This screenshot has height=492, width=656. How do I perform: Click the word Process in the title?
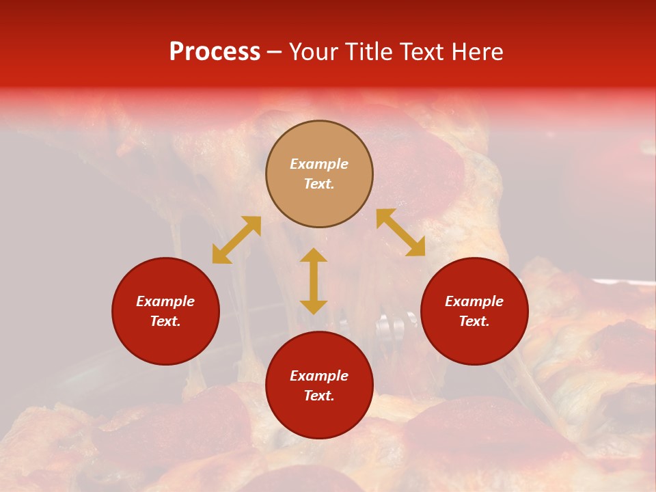point(215,52)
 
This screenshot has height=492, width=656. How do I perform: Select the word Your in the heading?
point(313,52)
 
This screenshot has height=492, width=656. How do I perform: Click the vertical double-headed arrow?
point(314,281)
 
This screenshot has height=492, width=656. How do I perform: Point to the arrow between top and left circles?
point(236,240)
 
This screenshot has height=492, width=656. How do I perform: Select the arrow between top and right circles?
point(400,232)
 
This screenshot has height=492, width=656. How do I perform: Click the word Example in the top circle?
point(319,164)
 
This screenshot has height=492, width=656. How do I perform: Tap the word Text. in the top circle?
point(319,184)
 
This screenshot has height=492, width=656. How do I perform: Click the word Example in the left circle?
point(165,301)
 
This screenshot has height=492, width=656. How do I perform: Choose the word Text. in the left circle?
point(165,321)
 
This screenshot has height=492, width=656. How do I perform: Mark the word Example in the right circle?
point(474,301)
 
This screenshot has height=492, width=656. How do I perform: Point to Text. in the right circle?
point(474,321)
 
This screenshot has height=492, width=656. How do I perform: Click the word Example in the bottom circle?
point(319,376)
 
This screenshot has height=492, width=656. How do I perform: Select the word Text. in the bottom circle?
point(319,396)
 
